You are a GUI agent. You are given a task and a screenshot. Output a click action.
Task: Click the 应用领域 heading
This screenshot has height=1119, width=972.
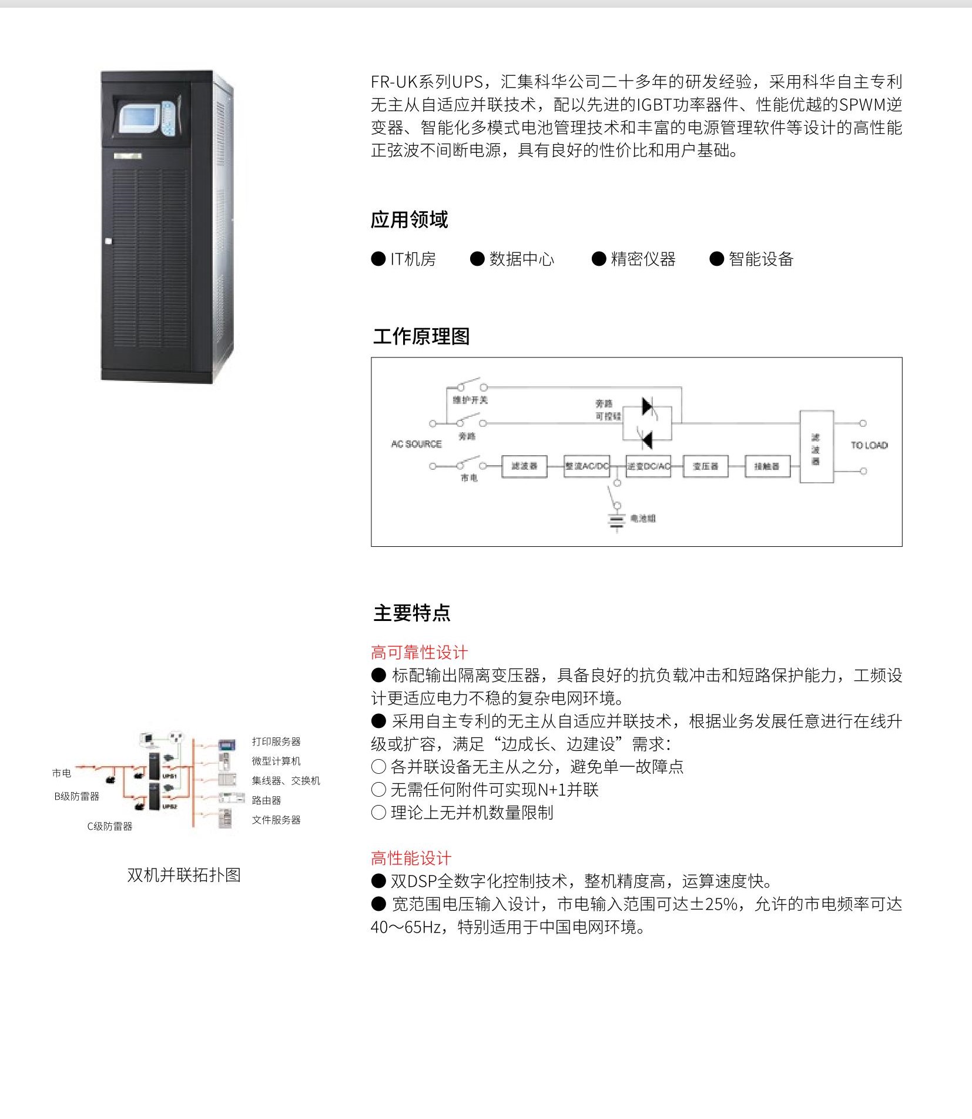tap(409, 220)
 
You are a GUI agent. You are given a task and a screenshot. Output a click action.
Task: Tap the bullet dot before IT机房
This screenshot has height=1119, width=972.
tap(378, 259)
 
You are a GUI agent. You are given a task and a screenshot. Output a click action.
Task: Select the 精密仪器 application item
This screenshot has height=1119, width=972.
tap(643, 259)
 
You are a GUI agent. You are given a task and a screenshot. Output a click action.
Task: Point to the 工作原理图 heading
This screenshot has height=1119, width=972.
tap(421, 336)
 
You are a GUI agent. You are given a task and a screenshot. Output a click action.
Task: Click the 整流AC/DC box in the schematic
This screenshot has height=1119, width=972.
tap(586, 466)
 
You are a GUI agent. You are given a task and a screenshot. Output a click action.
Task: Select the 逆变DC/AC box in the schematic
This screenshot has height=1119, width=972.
tap(648, 466)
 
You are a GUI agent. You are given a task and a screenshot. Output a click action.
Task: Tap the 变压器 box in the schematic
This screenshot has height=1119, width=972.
tap(705, 466)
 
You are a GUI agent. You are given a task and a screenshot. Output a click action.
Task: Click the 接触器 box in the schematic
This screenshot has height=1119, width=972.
tap(767, 466)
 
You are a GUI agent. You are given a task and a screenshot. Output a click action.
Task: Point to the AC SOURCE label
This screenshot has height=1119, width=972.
tap(416, 444)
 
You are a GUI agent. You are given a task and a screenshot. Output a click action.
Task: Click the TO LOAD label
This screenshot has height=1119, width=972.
tap(869, 445)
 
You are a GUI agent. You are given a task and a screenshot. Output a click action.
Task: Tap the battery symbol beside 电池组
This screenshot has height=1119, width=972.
tap(616, 522)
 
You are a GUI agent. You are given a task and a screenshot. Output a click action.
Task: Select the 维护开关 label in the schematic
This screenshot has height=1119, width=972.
tap(470, 400)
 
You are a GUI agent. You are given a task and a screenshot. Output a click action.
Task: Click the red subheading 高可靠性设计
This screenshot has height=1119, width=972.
tap(419, 652)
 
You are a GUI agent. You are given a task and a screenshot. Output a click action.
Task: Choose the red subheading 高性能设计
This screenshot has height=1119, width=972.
tap(411, 858)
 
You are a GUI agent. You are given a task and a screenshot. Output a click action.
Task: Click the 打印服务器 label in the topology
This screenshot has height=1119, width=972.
tap(276, 741)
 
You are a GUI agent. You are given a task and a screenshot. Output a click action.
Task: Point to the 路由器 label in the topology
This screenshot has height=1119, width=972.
tap(266, 800)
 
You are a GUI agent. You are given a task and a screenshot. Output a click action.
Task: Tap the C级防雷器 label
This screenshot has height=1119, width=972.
tap(110, 826)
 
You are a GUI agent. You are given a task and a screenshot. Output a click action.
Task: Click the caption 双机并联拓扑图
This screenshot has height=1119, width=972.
tap(184, 875)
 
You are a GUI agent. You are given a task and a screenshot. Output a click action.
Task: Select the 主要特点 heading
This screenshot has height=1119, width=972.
tap(412, 613)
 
